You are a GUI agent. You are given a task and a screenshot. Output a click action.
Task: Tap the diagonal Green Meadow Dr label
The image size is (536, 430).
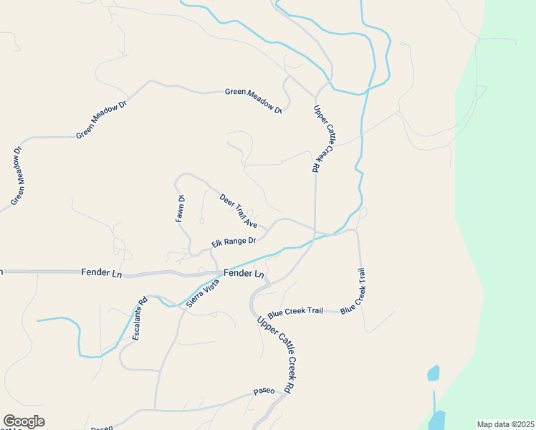pyautogui.click(x=101, y=119)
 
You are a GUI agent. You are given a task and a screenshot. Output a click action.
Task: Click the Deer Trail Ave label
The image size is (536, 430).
pyautogui.click(x=239, y=211)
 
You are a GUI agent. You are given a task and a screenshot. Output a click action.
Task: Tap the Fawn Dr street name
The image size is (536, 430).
pyautogui.click(x=181, y=209)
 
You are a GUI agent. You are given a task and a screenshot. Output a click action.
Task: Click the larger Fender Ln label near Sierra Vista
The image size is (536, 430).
pyautogui.click(x=244, y=274)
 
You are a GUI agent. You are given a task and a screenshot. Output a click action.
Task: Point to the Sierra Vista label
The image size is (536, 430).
pyautogui.click(x=202, y=293)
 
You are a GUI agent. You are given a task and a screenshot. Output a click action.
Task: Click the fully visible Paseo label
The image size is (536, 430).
pyautogui.click(x=264, y=392)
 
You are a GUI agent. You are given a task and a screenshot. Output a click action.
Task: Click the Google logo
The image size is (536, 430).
pyautogui.click(x=24, y=421)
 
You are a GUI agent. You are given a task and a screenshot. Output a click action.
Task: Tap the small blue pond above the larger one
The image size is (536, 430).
pyautogui.click(x=433, y=373)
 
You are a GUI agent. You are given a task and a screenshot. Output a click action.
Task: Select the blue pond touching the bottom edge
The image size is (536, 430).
pyautogui.click(x=436, y=421)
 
